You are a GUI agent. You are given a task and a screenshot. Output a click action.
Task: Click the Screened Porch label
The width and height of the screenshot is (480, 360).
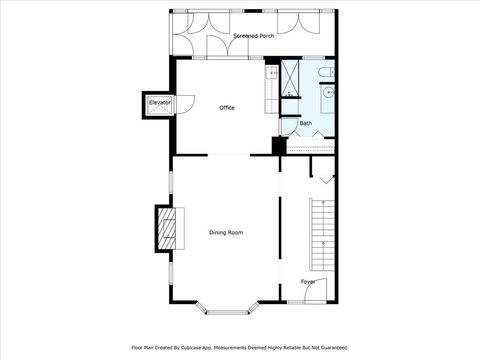(253, 36)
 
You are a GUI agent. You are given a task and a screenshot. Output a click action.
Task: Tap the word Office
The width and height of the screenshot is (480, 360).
(227, 108)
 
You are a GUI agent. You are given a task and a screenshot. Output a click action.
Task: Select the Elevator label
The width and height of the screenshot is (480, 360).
(159, 103)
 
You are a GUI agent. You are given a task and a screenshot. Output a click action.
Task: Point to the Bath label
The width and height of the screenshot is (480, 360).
(306, 123)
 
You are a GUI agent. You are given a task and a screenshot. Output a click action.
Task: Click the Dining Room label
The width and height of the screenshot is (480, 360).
(226, 232)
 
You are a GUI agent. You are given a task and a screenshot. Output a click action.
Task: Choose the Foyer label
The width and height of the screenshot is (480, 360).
(308, 281)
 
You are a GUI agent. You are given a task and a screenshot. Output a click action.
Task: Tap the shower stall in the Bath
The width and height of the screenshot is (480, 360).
(290, 77)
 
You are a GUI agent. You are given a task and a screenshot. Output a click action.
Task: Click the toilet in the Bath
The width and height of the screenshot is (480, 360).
(330, 73)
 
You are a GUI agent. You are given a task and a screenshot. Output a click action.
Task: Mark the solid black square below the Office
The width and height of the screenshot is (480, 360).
(279, 145)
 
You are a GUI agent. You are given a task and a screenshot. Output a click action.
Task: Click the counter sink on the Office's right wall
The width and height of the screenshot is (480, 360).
(271, 73)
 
